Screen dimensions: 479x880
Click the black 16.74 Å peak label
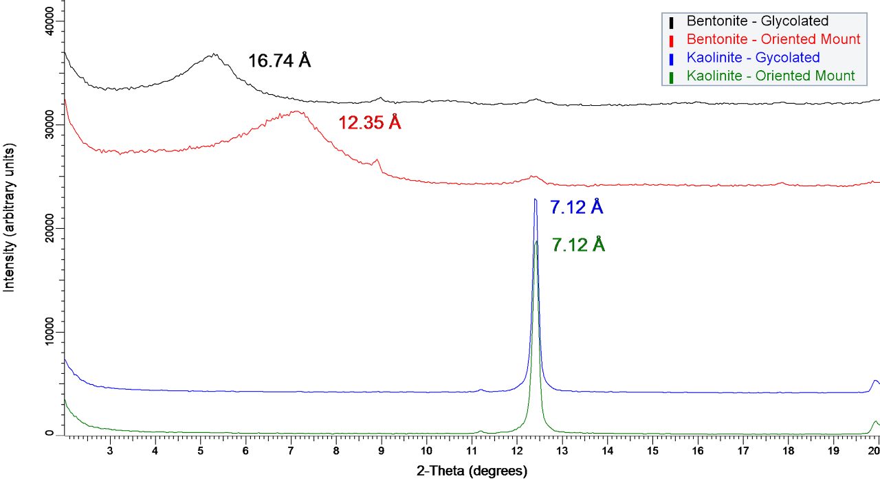(x=279, y=61)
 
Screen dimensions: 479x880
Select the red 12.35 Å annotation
(x=369, y=123)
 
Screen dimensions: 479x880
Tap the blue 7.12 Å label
(x=576, y=207)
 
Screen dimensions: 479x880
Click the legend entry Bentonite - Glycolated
(x=757, y=21)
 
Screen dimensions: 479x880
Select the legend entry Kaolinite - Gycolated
(x=753, y=57)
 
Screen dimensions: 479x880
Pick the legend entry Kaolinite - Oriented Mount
(x=771, y=76)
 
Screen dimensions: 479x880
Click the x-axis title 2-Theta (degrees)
(x=472, y=471)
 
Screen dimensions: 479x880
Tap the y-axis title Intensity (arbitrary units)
(x=10, y=217)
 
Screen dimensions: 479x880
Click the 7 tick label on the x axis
(x=291, y=451)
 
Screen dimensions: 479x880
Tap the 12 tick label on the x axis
(x=516, y=451)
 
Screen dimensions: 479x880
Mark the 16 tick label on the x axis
(x=698, y=451)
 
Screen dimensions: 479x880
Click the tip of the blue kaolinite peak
(x=535, y=199)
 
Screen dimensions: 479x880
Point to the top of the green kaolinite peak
(x=536, y=241)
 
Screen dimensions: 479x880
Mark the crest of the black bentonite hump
(x=213, y=54)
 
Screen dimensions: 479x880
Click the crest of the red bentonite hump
(x=296, y=111)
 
